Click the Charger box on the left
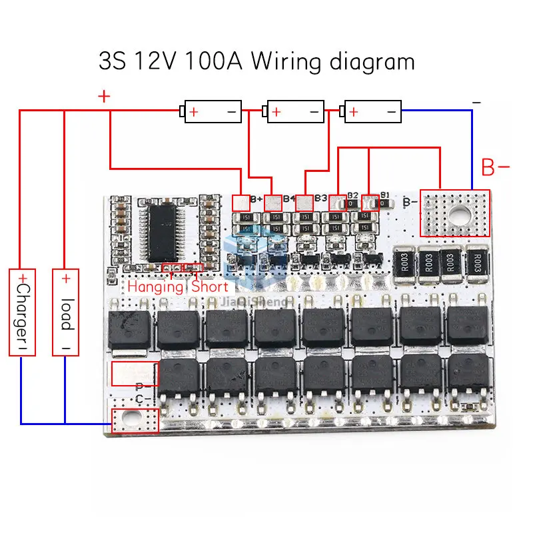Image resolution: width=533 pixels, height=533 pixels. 22,312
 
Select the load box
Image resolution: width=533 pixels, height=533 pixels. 66,312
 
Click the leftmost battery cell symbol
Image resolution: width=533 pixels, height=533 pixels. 213,111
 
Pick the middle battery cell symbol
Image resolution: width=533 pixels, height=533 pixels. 294,111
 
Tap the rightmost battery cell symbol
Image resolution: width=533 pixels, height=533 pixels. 372,111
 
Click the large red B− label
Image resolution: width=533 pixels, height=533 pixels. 496,168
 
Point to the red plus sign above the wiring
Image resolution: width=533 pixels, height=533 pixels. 104,97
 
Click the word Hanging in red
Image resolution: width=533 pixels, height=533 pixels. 155,287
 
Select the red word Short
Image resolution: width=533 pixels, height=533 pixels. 210,287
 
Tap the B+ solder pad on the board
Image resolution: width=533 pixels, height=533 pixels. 240,201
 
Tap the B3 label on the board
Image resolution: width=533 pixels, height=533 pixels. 320,199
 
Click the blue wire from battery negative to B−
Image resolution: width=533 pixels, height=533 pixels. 472,147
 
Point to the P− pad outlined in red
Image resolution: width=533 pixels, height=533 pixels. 135,374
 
